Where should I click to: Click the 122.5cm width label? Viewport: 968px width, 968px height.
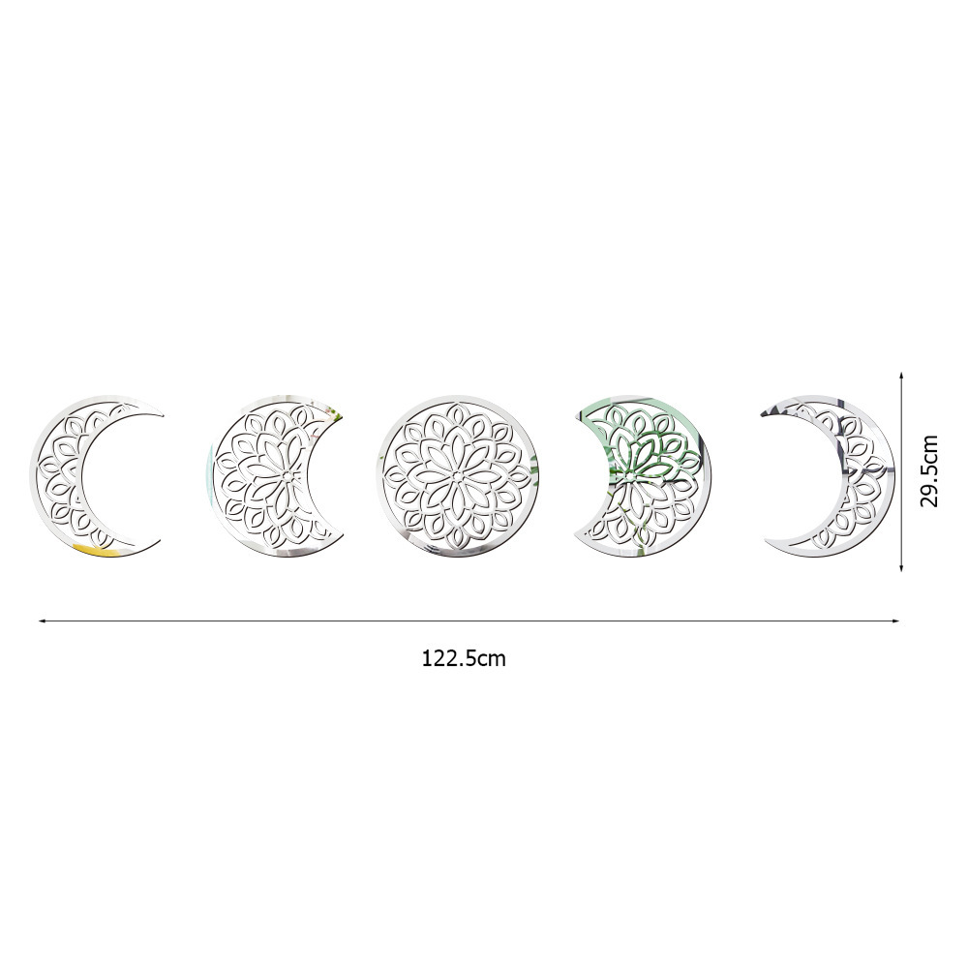[x=464, y=658]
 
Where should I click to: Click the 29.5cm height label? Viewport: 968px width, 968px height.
[x=928, y=471]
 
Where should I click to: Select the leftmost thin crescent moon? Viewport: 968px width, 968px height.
[x=55, y=476]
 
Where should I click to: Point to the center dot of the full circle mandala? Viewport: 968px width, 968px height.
[x=457, y=476]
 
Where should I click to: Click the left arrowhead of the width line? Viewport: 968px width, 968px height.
[x=42, y=621]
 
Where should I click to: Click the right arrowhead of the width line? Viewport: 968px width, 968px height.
[x=896, y=621]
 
